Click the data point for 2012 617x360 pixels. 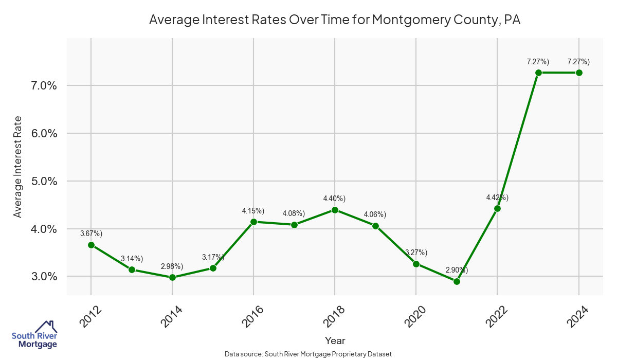coord(91,245)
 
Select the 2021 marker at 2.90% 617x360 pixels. coord(457,281)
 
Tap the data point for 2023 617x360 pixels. coord(538,73)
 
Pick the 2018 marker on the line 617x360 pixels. coord(335,210)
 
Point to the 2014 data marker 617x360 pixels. coord(172,277)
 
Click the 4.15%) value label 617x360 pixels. coord(253,211)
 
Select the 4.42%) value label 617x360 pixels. coord(497,197)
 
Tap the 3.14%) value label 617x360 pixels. coord(132,258)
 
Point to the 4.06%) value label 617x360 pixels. coord(375,214)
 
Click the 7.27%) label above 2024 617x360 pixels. coord(578,62)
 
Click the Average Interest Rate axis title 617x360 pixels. coord(18,167)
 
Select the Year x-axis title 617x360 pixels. coord(335,340)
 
